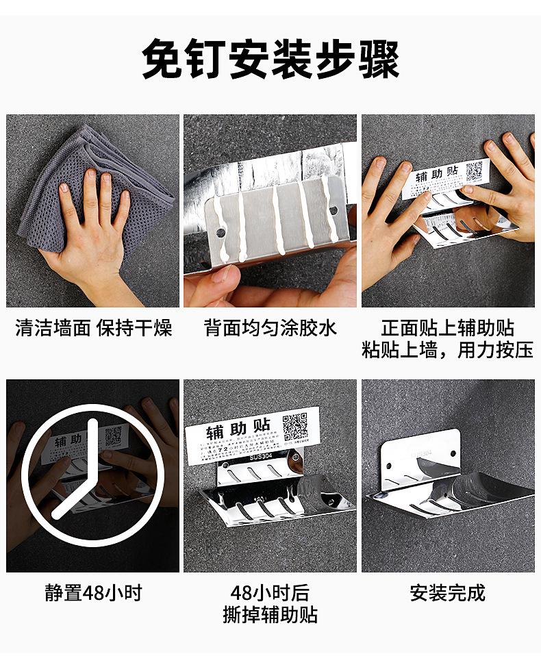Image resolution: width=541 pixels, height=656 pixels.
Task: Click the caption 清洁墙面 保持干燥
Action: click(x=93, y=328)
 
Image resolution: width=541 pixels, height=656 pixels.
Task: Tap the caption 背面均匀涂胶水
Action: click(x=270, y=328)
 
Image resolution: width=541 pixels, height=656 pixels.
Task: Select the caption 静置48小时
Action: click(x=93, y=592)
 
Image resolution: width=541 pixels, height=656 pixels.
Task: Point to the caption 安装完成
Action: click(x=448, y=592)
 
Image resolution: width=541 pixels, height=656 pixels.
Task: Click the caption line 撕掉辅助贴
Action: click(x=270, y=614)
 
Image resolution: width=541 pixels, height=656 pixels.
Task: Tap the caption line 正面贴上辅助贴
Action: click(x=448, y=328)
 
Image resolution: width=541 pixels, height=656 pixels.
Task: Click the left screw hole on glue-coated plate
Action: click(x=221, y=233)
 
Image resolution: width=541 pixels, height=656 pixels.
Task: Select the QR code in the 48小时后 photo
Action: click(x=296, y=426)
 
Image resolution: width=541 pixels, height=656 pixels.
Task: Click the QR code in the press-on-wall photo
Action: click(x=475, y=171)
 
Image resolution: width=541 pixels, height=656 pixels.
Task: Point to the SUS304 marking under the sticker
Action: click(x=261, y=457)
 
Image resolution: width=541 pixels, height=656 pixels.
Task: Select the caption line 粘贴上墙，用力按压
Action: click(x=448, y=350)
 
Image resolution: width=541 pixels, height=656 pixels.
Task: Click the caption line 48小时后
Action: click(x=270, y=592)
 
